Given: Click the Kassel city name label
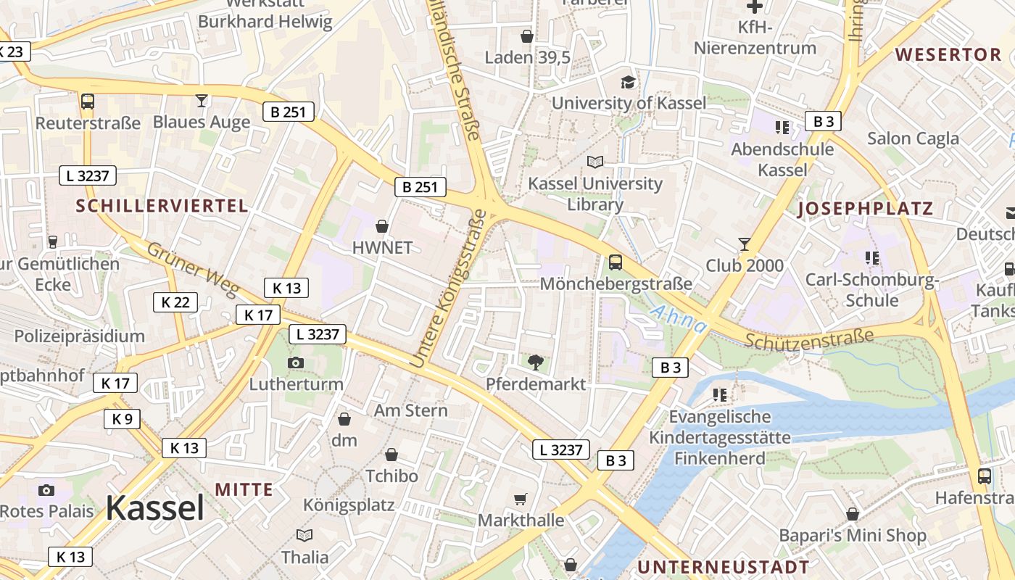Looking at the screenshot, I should pyautogui.click(x=155, y=508).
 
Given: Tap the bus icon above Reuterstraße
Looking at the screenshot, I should pyautogui.click(x=88, y=101).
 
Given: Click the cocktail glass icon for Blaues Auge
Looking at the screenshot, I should pyautogui.click(x=202, y=101).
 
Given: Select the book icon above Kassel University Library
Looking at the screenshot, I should pyautogui.click(x=595, y=162).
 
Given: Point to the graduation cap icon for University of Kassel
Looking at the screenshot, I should pyautogui.click(x=628, y=82).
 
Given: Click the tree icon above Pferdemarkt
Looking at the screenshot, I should pyautogui.click(x=536, y=361).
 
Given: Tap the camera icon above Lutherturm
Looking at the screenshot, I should pyautogui.click(x=295, y=362).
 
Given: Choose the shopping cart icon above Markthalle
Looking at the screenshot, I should pyautogui.click(x=520, y=499).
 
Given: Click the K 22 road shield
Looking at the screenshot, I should pyautogui.click(x=175, y=302).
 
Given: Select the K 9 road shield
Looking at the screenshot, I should pyautogui.click(x=123, y=418).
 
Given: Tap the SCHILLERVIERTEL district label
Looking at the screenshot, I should pyautogui.click(x=162, y=206).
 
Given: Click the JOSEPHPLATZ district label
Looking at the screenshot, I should pyautogui.click(x=865, y=210).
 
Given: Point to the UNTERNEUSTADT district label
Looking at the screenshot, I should pyautogui.click(x=723, y=566).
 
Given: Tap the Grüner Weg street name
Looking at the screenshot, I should pyautogui.click(x=193, y=269).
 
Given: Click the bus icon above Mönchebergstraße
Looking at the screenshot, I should pyautogui.click(x=615, y=262).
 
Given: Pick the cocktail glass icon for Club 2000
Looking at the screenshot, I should pyautogui.click(x=745, y=244).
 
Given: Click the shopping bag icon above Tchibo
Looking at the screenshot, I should pyautogui.click(x=391, y=455).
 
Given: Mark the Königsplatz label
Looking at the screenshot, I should pyautogui.click(x=349, y=505).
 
